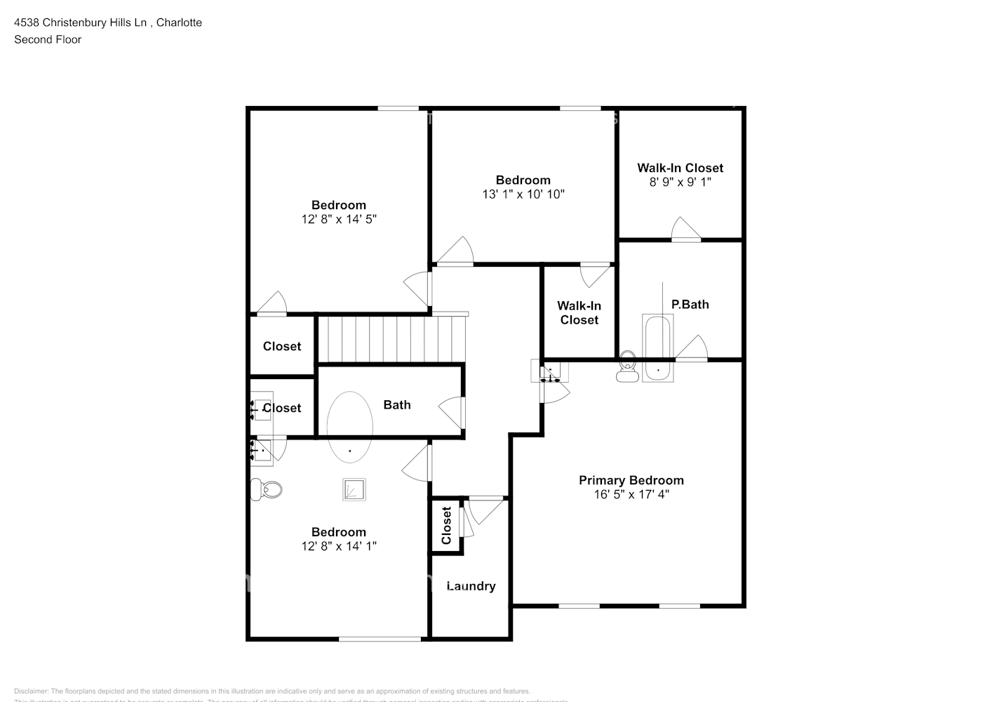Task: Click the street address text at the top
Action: (108, 22)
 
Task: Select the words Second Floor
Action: (48, 39)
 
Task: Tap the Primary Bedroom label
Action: (631, 480)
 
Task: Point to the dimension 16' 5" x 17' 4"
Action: (631, 494)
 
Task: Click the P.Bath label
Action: (690, 304)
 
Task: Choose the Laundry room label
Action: (471, 586)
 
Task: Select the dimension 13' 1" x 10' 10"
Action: (523, 194)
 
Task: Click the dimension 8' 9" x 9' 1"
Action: (680, 182)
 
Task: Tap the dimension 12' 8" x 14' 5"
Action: (339, 219)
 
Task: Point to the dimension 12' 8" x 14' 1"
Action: (339, 546)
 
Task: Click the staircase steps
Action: (391, 339)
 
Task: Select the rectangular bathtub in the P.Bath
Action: (658, 348)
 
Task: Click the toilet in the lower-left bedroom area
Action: (267, 489)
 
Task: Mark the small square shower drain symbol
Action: (354, 489)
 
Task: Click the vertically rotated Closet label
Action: (446, 526)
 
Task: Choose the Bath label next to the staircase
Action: (396, 404)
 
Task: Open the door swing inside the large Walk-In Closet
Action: (686, 230)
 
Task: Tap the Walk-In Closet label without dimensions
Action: (579, 312)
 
